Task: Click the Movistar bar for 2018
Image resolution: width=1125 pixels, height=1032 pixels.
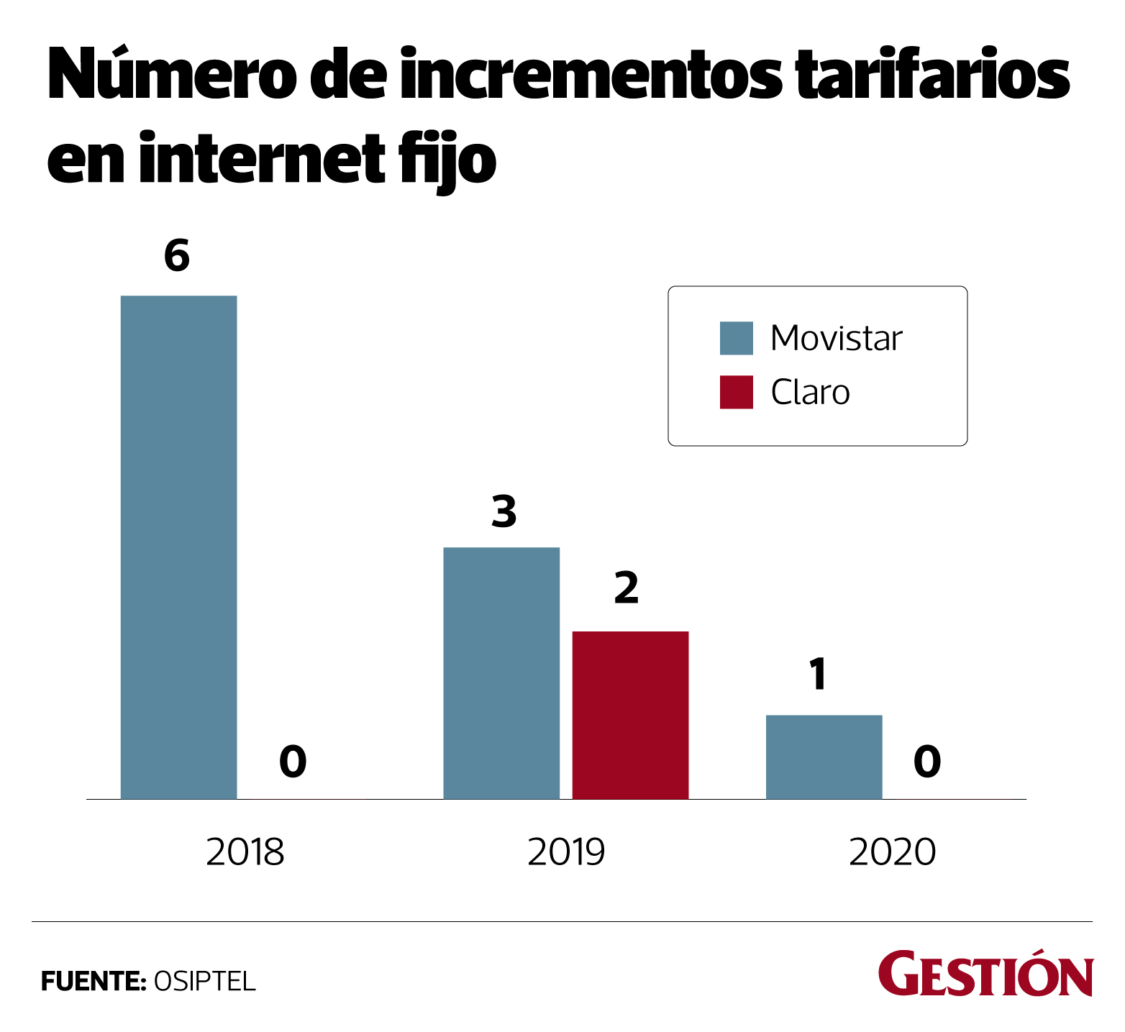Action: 178,547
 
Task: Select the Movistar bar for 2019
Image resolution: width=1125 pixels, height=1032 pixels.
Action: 501,672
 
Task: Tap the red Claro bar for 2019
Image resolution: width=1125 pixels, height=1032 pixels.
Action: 630,715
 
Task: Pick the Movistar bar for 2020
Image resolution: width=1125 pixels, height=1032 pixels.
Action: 824,757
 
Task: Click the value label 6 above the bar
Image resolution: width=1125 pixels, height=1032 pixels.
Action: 177,256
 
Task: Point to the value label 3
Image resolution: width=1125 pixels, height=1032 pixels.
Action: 504,511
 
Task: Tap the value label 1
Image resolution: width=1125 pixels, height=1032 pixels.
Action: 818,674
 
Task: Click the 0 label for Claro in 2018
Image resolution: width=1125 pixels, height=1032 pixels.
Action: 293,762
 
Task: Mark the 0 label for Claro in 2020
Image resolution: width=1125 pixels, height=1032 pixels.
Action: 927,762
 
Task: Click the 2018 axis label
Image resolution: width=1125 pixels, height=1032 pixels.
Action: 245,852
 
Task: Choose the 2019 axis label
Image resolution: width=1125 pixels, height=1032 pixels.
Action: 566,852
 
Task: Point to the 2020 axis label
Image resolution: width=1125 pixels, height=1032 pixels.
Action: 892,852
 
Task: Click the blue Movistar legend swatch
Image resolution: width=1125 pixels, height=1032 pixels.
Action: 737,338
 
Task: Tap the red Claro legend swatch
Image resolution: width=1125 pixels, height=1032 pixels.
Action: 737,392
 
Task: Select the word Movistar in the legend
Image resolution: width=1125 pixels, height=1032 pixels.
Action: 837,338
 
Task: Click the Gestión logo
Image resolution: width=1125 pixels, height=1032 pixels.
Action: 985,974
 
